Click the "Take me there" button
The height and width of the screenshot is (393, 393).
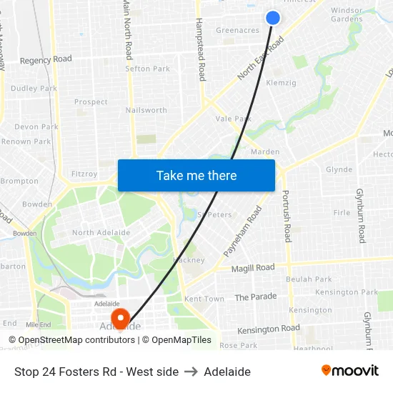(196, 175)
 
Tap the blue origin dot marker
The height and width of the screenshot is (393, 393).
(273, 18)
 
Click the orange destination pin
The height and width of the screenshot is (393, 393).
(121, 318)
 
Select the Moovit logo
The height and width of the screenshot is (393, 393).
(350, 371)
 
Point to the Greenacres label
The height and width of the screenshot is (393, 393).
(237, 31)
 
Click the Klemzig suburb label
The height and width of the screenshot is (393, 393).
(281, 83)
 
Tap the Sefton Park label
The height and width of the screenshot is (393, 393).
(147, 69)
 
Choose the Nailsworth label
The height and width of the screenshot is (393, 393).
(146, 110)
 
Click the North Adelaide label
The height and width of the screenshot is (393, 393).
(101, 233)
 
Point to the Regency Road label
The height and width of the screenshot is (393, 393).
(46, 60)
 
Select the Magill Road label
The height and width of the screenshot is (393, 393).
(253, 268)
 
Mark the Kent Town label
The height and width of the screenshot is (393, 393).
(204, 299)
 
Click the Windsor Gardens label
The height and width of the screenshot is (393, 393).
(347, 14)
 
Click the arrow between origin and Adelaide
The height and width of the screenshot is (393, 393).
(191, 372)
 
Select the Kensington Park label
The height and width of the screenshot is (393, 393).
(347, 292)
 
